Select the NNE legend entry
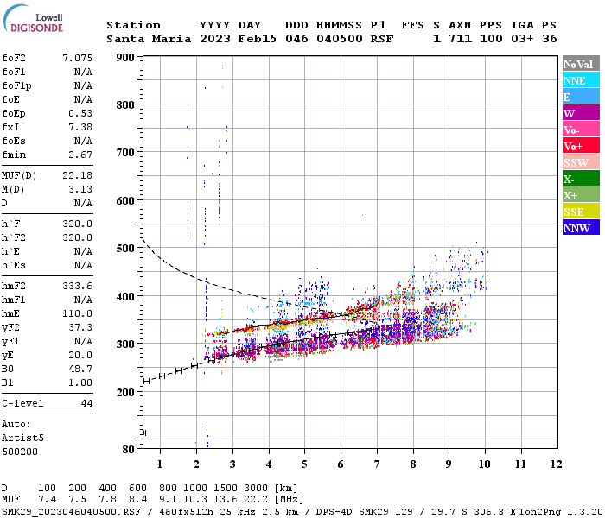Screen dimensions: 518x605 581,80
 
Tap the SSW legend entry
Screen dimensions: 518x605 581,162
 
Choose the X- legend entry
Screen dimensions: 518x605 581,179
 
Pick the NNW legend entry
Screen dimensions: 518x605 581,228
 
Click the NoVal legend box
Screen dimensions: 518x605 581,64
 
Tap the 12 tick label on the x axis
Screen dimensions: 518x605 554,464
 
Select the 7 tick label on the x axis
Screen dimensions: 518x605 376,464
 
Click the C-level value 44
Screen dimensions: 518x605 86,403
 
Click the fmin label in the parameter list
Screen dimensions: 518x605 14,155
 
